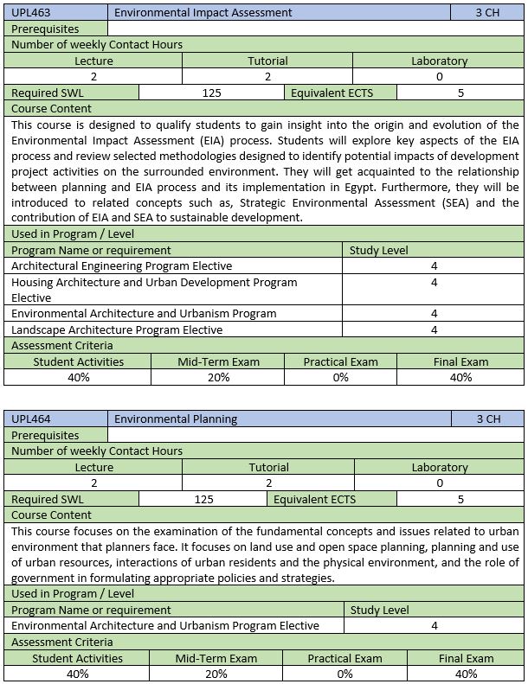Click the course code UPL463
30,13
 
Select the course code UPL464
30,419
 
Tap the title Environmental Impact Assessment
203,13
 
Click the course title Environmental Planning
176,419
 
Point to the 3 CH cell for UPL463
488,13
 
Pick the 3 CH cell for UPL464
488,419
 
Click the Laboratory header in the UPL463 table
439,61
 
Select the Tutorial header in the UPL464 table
268,467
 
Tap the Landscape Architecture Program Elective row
118,329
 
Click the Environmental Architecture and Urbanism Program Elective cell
165,625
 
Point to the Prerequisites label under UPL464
45,435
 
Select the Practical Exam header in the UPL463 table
340,361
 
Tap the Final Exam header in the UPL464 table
466,658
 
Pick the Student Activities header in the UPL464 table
78,658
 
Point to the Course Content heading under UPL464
51,515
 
